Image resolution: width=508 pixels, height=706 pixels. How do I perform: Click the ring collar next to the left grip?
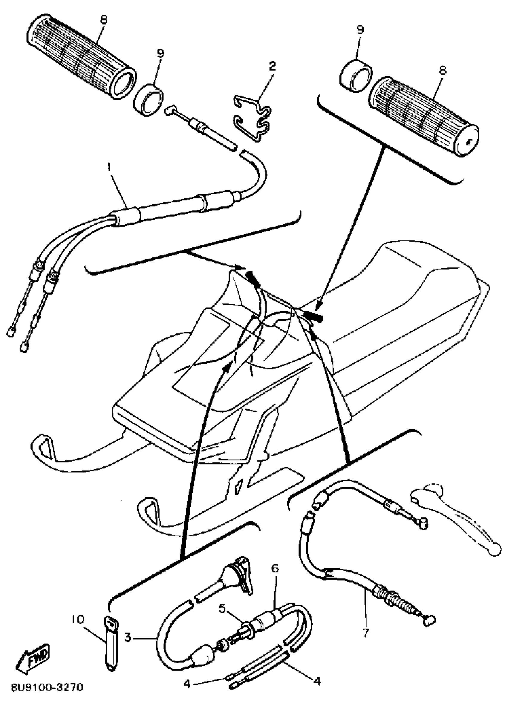[x=149, y=99]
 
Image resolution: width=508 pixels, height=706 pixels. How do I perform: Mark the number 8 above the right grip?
[x=442, y=70]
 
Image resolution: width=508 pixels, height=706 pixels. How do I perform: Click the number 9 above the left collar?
[x=160, y=53]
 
